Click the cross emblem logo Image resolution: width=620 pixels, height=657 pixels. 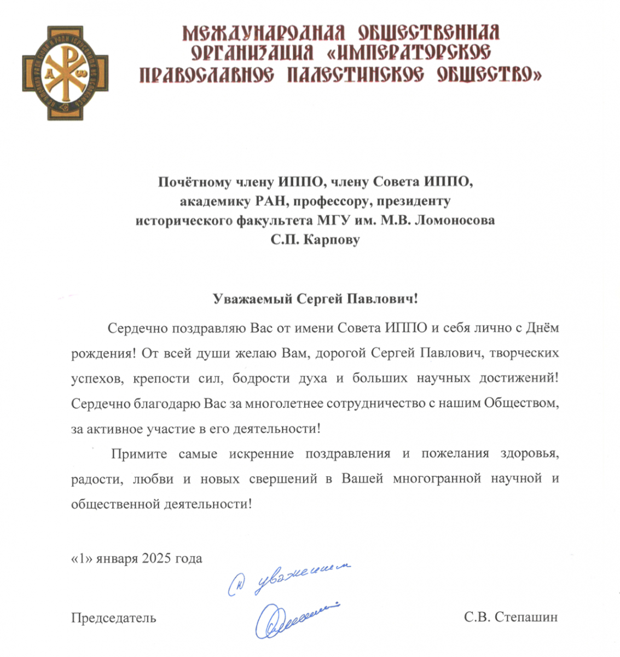coord(65,73)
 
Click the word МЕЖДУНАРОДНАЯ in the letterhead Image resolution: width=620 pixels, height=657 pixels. coord(263,34)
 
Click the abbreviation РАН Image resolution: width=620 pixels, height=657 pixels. coord(271,201)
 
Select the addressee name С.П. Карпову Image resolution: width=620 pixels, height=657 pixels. coord(316,240)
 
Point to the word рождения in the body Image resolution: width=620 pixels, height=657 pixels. coord(101,353)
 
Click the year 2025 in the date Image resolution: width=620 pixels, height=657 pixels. coord(157,558)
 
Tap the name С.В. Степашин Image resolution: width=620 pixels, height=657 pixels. coord(511,618)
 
